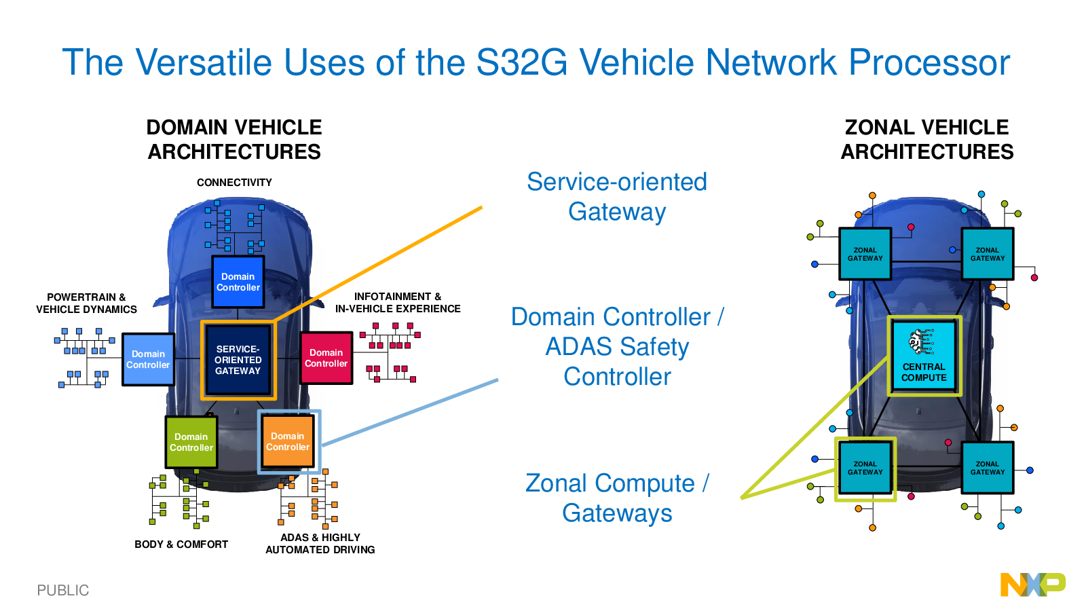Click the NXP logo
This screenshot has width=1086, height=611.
pos(1032,585)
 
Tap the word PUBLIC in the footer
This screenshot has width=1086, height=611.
pos(63,590)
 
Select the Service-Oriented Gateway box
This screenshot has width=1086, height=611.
pos(238,360)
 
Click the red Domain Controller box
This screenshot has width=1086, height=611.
pos(326,358)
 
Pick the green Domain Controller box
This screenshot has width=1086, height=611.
pos(191,442)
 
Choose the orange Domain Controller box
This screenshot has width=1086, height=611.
pos(288,441)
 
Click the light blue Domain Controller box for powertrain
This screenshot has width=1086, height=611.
pos(148,359)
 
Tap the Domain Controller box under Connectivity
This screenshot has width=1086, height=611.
pos(238,282)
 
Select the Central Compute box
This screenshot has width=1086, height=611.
pos(924,356)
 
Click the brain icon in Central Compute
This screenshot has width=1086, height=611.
pos(920,342)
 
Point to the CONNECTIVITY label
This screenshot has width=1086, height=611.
pos(234,183)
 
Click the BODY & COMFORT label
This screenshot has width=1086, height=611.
pos(181,544)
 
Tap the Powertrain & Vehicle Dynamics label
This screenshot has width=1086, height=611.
pos(86,303)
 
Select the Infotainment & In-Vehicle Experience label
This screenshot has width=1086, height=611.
pos(398,303)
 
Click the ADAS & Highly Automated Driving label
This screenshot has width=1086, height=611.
pos(320,544)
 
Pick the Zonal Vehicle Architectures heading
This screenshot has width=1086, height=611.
pos(926,140)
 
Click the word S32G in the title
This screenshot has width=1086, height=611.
pos(522,62)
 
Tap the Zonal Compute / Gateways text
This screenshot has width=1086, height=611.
pos(617,498)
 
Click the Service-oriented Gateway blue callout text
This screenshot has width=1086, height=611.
pos(617,196)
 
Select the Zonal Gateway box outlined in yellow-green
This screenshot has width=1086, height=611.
pos(865,468)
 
